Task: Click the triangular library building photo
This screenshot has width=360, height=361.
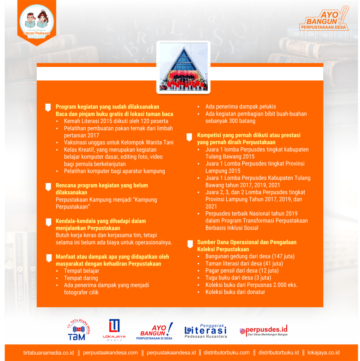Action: [183, 67]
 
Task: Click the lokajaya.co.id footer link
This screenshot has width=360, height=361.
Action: [323, 353]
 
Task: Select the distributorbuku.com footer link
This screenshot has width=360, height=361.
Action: [226, 353]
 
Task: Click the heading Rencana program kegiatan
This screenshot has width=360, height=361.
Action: [102, 189]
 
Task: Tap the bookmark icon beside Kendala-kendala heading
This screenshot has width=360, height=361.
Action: [48, 222]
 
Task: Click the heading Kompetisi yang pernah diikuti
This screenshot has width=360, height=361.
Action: [249, 139]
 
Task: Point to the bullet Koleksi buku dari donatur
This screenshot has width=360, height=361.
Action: [235, 292]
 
